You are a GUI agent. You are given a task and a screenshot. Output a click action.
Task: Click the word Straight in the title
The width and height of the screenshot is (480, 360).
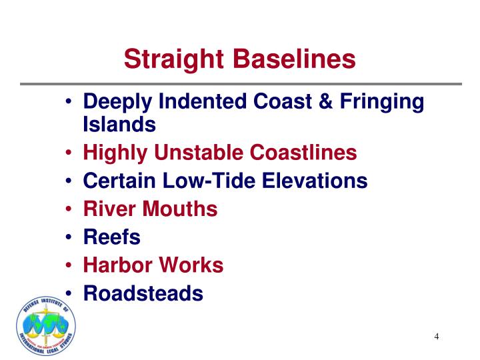(175, 59)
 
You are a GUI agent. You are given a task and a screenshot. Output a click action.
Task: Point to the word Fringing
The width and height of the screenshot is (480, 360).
(383, 103)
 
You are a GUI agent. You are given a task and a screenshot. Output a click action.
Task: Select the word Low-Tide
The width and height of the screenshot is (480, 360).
(215, 181)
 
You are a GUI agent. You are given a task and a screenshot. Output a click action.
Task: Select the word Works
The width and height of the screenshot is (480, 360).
(191, 265)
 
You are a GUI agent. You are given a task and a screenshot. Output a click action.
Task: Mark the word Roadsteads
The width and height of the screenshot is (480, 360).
(143, 293)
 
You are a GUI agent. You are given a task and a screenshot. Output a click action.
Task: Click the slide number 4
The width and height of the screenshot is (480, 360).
(437, 336)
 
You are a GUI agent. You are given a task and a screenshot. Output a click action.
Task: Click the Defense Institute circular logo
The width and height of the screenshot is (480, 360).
(46, 326)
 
